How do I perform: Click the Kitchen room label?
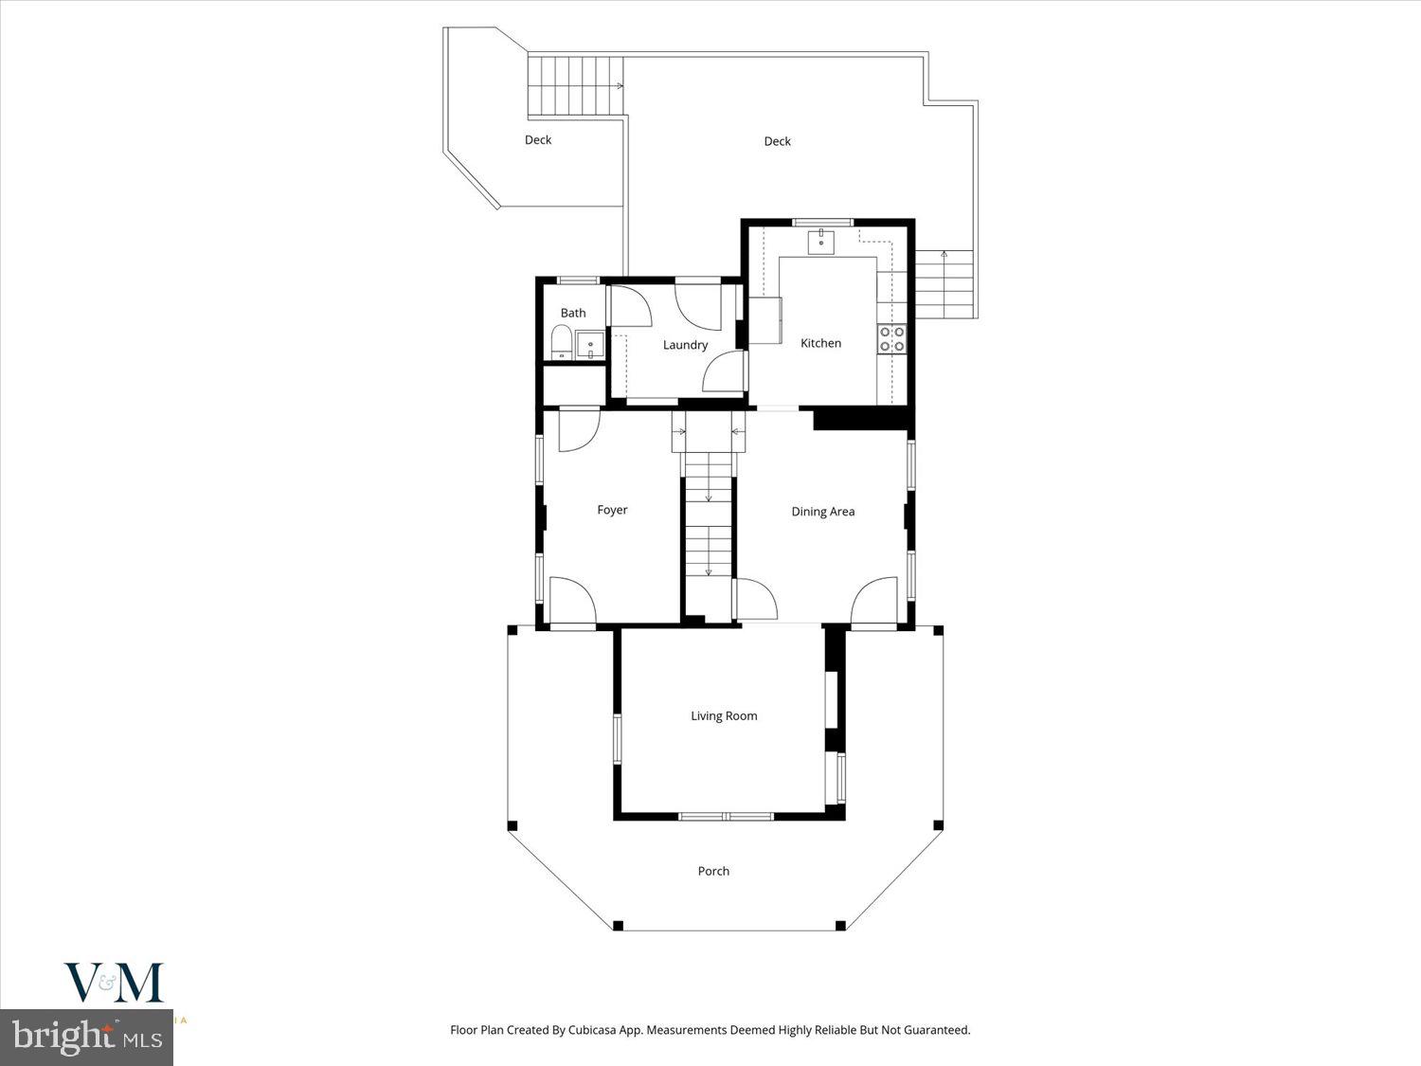tap(820, 343)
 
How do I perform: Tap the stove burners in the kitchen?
tap(891, 339)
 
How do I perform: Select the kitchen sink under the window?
tap(820, 243)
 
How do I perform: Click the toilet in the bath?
tap(561, 342)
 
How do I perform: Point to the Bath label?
tap(573, 313)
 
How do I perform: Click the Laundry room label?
tap(685, 345)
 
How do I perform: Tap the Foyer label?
tap(612, 510)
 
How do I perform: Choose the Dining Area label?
tap(822, 512)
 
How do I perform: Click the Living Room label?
tap(724, 716)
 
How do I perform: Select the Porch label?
tap(713, 871)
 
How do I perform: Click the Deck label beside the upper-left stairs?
tap(538, 140)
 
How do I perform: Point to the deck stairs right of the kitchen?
tap(944, 284)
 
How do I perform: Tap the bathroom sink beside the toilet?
tap(590, 344)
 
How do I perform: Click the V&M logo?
tap(114, 983)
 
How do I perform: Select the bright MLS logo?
tap(86, 1038)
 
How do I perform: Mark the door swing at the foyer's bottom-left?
tap(571, 600)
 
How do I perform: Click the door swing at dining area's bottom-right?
tap(874, 600)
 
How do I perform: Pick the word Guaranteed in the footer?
tap(936, 1030)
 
